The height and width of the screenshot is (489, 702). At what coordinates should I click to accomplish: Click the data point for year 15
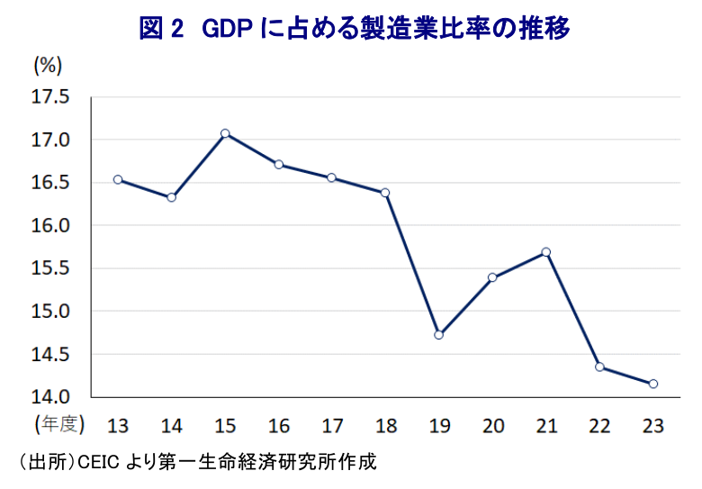coord(225,133)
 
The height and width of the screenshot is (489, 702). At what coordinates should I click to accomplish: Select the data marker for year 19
coord(439,335)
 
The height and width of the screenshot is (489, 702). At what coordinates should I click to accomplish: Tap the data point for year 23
coord(652,384)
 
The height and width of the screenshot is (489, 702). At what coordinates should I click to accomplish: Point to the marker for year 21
coord(546,252)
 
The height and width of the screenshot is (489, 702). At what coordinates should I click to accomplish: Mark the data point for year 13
coord(118,179)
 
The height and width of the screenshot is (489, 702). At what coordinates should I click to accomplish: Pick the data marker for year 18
coord(385,193)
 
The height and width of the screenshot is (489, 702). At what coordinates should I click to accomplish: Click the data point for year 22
coord(599,367)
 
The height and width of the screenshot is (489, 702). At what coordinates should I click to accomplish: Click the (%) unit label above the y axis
coord(47,65)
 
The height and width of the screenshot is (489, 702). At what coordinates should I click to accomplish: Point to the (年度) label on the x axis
coord(59,424)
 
